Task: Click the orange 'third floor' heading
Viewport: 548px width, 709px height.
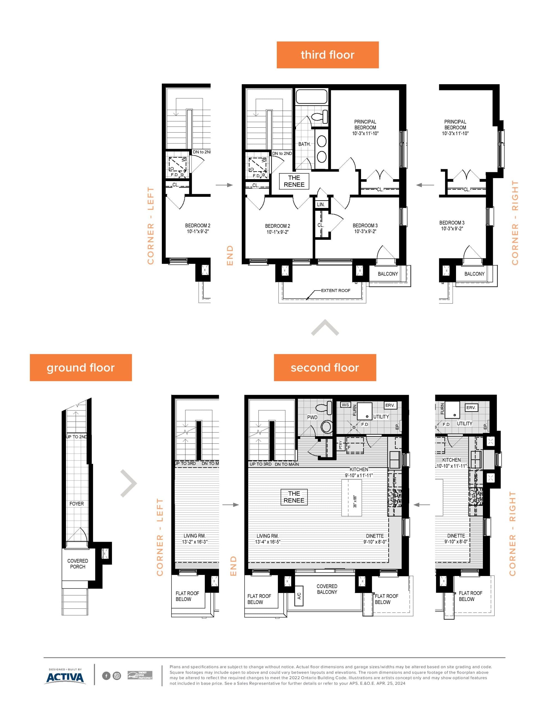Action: (x=327, y=55)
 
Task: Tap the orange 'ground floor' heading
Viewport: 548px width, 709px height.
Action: (x=81, y=368)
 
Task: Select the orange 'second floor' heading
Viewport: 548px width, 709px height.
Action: (x=325, y=368)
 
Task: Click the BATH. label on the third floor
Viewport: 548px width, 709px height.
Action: (x=304, y=144)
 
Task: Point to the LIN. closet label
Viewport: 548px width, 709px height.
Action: (x=321, y=204)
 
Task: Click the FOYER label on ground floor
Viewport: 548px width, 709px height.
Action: (x=76, y=504)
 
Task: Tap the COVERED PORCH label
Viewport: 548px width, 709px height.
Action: (x=78, y=564)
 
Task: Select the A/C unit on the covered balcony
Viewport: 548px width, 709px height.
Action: (x=299, y=596)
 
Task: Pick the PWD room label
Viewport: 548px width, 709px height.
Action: (x=312, y=417)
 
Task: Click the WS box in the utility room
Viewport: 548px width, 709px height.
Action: (x=345, y=405)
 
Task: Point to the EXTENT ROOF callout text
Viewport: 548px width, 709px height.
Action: (x=336, y=291)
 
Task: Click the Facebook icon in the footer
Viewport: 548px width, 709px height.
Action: (x=106, y=676)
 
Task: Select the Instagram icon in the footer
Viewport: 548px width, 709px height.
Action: (x=117, y=676)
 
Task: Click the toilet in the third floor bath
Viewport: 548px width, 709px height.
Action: (x=320, y=117)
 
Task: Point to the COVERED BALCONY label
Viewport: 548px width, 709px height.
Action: (x=327, y=589)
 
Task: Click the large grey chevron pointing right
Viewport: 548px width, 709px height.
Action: (x=129, y=483)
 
